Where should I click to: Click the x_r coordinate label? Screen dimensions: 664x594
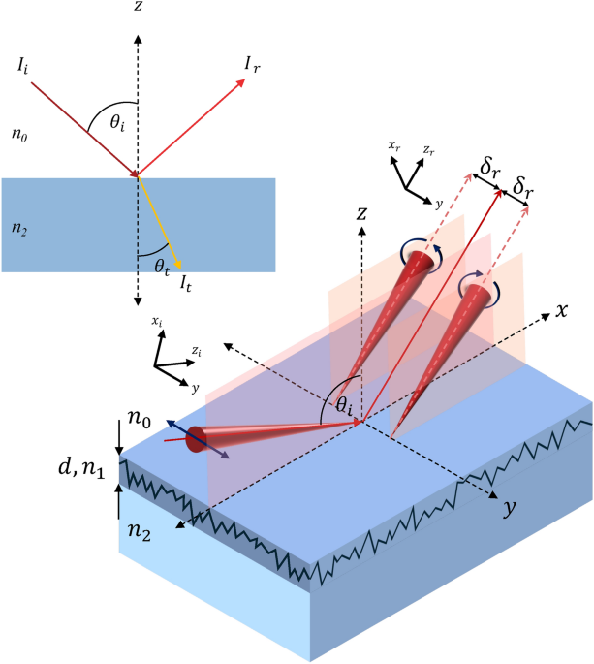pyautogui.click(x=392, y=146)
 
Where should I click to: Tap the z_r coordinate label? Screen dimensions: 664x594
pyautogui.click(x=426, y=151)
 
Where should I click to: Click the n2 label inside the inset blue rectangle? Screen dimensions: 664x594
pyautogui.click(x=19, y=229)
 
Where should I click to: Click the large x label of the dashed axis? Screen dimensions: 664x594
pyautogui.click(x=560, y=311)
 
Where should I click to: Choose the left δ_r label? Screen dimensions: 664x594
pyautogui.click(x=490, y=169)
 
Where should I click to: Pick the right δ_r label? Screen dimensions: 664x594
pyautogui.click(x=524, y=184)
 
